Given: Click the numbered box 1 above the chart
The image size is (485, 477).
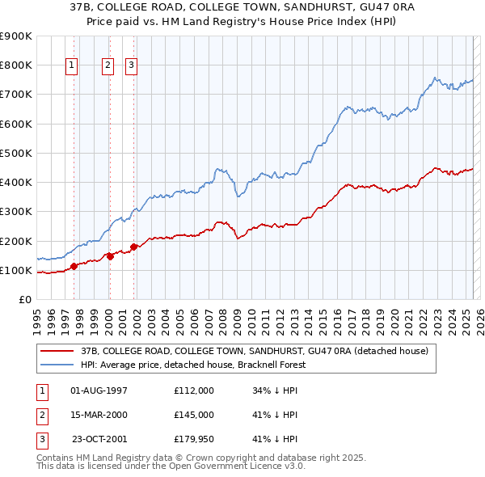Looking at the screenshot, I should coord(72,66).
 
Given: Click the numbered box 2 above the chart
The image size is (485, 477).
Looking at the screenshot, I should coord(108,66).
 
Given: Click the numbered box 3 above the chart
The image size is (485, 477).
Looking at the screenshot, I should coord(131,66).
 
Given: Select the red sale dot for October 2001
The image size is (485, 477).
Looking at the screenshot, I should coord(134,247).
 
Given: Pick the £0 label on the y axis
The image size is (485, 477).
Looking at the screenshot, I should coord(24,299).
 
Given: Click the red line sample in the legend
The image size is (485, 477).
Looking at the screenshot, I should coord(57,352).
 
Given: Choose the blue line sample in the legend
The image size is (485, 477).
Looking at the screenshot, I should coord(57,365).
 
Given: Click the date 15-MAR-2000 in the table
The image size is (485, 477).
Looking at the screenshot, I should coord(99,415).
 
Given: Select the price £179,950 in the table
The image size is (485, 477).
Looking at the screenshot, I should coord(194,439).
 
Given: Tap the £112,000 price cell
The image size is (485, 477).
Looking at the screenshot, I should coord(194,390).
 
